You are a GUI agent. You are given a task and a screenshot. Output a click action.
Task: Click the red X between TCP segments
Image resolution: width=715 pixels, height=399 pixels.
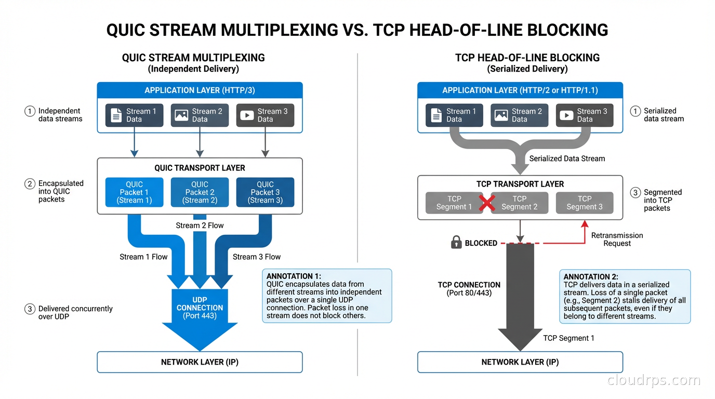point(486,203)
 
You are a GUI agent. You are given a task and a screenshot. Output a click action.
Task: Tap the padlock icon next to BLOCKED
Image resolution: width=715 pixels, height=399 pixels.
point(456,243)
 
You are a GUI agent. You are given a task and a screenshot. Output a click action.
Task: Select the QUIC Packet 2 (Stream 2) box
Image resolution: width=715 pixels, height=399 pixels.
point(200,192)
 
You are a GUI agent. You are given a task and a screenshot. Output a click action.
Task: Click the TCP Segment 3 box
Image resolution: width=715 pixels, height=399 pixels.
point(585,203)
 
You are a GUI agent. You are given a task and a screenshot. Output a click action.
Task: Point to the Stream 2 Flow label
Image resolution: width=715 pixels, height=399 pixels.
point(200,225)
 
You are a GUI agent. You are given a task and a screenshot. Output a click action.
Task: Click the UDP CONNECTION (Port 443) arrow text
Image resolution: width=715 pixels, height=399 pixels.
point(200,308)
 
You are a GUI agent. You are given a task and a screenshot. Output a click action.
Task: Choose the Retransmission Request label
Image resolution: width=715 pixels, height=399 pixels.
point(617,240)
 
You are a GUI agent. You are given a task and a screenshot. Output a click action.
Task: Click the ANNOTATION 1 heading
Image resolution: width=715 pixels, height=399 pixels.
point(294,276)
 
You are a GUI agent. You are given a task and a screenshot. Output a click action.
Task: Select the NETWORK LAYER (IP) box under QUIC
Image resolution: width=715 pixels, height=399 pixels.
point(200,362)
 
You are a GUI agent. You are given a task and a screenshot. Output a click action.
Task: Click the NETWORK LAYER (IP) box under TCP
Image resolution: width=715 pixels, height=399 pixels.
point(520,362)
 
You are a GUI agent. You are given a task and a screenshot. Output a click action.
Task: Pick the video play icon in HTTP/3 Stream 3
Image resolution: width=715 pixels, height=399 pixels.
point(247,115)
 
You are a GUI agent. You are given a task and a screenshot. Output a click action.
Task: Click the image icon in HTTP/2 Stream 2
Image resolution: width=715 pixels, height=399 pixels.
point(501,115)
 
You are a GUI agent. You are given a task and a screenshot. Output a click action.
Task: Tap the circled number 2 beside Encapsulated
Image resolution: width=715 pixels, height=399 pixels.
point(30,183)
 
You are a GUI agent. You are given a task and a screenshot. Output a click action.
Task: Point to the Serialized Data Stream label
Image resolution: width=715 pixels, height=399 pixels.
point(567,158)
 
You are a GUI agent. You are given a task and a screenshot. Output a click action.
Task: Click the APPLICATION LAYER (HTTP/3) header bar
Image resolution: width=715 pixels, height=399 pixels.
point(200,90)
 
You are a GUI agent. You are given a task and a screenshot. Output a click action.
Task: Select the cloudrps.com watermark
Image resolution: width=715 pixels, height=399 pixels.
point(654,381)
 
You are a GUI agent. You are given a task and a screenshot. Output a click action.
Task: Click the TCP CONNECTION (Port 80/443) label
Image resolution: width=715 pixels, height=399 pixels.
point(469,289)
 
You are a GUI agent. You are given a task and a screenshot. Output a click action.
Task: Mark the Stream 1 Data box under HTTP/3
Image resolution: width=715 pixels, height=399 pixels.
point(134,115)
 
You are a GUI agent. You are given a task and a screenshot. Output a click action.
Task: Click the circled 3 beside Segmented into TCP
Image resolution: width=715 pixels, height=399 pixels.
point(635,193)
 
